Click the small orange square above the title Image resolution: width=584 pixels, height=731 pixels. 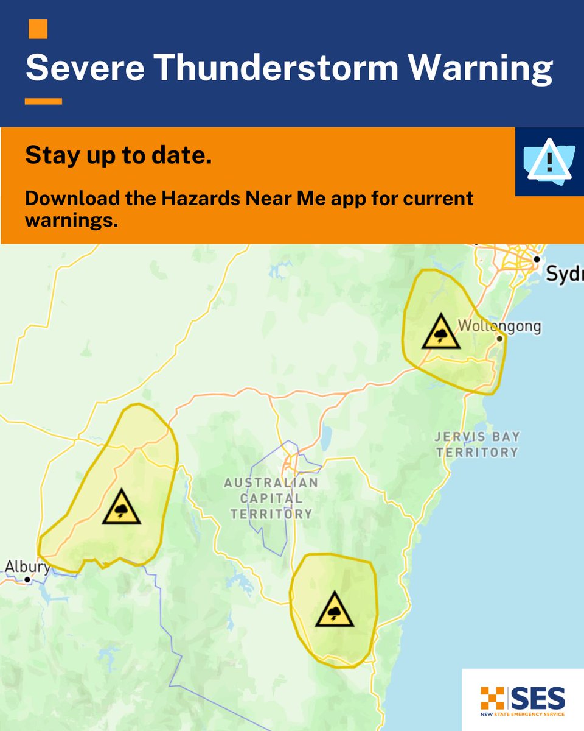click(38, 29)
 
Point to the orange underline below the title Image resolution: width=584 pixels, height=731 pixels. click(43, 101)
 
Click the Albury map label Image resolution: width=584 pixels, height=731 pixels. click(26, 567)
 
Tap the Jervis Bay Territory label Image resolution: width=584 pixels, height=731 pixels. click(476, 445)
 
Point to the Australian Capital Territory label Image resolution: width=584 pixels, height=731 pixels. click(271, 498)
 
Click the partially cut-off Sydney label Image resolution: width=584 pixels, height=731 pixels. click(565, 275)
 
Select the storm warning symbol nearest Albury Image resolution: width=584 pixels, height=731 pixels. click(122, 507)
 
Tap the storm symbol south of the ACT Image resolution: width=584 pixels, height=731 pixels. click(335, 609)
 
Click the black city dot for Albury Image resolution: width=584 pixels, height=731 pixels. click(27, 580)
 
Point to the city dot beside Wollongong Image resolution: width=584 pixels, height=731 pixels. click(499, 338)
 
